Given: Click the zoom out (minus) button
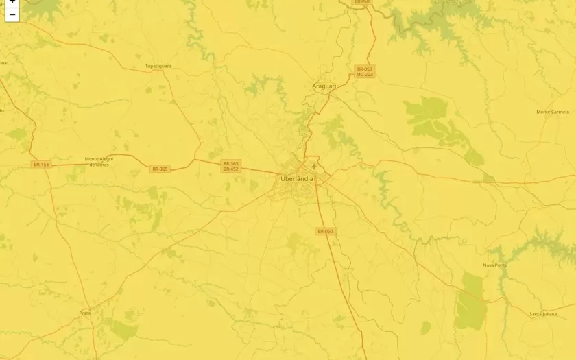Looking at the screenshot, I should [12, 14].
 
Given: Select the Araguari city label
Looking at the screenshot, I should [324, 86].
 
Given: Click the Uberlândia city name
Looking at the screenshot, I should [297, 179].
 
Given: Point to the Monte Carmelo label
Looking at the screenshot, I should [553, 112].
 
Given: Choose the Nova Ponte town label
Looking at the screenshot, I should [495, 265].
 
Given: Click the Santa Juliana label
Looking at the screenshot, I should [542, 314].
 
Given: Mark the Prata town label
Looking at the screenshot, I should [85, 313].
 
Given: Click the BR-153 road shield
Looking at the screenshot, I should [41, 165].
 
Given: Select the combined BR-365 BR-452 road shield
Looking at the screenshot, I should [230, 166].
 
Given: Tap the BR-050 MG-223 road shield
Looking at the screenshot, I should [365, 71].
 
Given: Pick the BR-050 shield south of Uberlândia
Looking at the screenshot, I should [325, 232].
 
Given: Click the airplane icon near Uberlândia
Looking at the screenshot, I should [314, 165].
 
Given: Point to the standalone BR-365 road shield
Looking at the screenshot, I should [160, 169].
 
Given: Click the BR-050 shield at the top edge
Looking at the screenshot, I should [361, 2].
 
